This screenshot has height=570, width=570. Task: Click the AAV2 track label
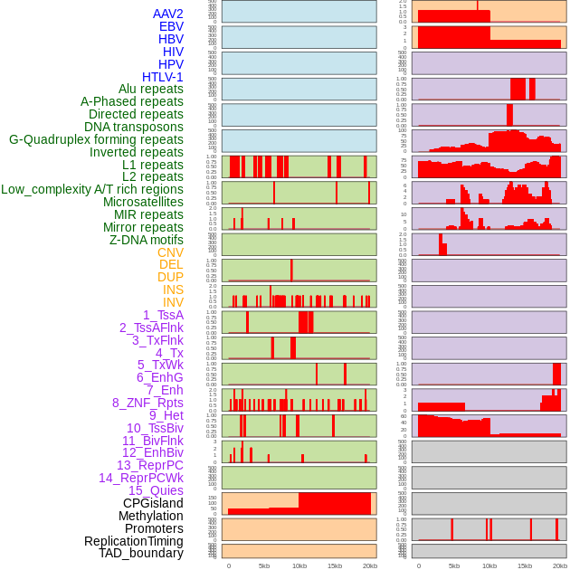pos(168,14)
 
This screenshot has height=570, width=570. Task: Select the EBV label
pos(171,26)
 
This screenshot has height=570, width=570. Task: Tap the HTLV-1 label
pos(163,77)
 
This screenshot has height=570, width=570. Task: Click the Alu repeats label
pos(151,89)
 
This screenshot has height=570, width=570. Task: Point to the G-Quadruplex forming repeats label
pos(96,139)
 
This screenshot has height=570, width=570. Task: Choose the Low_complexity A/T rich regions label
pos(92,189)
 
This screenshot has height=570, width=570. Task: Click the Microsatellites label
pos(143,202)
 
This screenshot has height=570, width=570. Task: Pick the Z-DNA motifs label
pos(147,240)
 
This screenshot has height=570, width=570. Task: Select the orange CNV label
pos(170,252)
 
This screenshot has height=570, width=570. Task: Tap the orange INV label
pos(173,302)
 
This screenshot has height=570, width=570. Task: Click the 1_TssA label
pos(163,315)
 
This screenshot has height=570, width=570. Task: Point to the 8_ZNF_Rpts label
pos(147,403)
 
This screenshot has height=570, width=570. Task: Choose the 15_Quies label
pos(156,490)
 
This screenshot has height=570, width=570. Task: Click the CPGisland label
pos(153,503)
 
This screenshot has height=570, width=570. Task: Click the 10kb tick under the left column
pos(299,565)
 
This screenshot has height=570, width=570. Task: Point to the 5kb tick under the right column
pos(453,565)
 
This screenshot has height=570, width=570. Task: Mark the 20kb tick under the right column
pos(560,565)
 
